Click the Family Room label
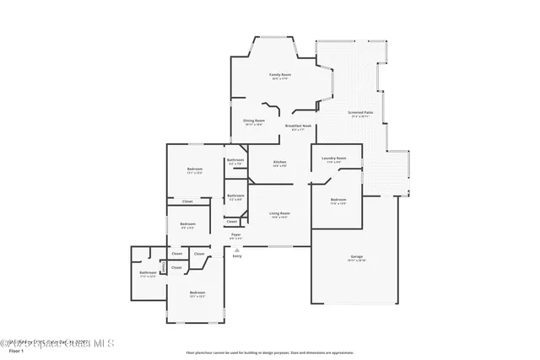point(280,76)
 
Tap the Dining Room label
point(255,121)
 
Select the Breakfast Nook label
point(299,126)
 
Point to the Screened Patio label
point(361,113)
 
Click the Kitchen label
point(279,163)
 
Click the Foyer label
point(236,235)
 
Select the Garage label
point(357,257)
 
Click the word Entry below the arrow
point(237,255)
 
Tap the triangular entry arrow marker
point(237,250)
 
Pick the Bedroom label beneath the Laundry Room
point(337,200)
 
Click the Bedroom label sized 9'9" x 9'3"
point(187,224)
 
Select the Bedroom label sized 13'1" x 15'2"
point(197,293)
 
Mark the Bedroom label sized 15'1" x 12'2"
point(195,170)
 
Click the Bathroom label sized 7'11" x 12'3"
point(148,273)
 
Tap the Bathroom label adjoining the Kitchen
point(235,161)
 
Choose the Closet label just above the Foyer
point(232,222)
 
